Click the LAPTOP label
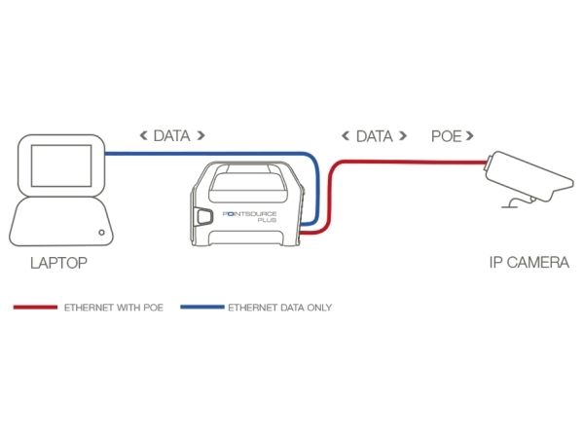58,263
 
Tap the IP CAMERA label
529,262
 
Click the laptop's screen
61,165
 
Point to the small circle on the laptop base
101,233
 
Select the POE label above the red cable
446,136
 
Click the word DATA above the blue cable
171,135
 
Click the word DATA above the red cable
375,136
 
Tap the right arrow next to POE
470,135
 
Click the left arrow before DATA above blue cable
143,135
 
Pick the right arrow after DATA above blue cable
201,135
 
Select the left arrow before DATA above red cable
346,135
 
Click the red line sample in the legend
35,308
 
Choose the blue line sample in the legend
202,308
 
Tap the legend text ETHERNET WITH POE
114,308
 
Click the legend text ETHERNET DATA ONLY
279,308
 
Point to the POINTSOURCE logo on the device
249,214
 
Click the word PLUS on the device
267,220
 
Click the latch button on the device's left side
203,216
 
